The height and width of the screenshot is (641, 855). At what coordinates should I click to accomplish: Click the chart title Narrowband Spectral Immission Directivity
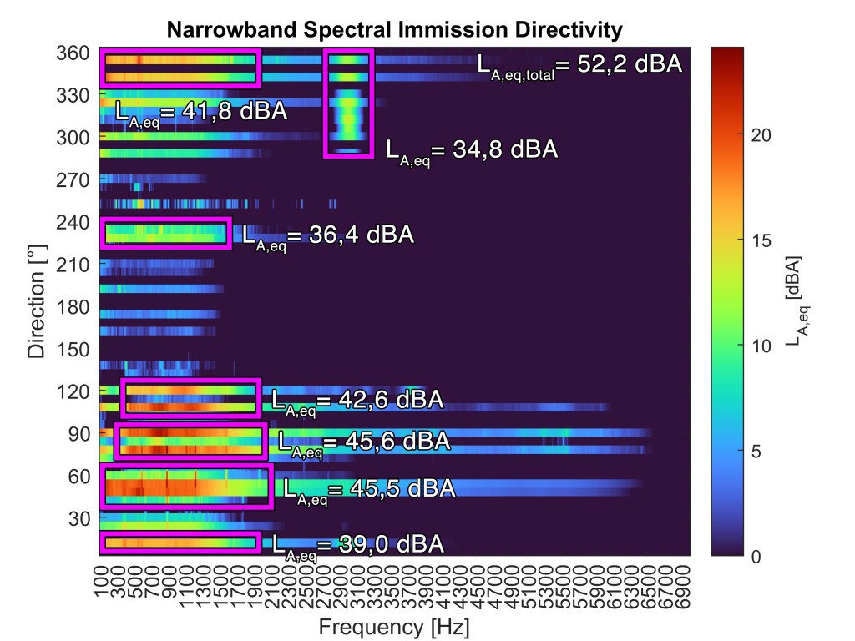(x=395, y=31)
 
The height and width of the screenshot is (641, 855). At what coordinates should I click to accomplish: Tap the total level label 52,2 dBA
(x=579, y=65)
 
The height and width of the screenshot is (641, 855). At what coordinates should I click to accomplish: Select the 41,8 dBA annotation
(x=200, y=112)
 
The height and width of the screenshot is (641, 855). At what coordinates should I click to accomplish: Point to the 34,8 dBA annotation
(x=471, y=150)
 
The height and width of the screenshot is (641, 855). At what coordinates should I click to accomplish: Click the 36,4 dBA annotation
(x=327, y=235)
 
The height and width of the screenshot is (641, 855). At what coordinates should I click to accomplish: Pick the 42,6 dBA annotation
(x=357, y=401)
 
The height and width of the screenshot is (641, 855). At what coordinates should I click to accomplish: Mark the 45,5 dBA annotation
(x=368, y=489)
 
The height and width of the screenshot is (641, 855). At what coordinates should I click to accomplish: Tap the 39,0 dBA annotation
(x=357, y=545)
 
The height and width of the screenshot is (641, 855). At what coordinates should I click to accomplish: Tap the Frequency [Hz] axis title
(x=395, y=626)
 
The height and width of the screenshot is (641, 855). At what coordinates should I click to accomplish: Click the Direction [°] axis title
(x=37, y=305)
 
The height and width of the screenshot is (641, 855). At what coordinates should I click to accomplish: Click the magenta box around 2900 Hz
(x=349, y=103)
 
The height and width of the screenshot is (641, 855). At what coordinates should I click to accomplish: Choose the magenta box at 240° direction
(x=165, y=232)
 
